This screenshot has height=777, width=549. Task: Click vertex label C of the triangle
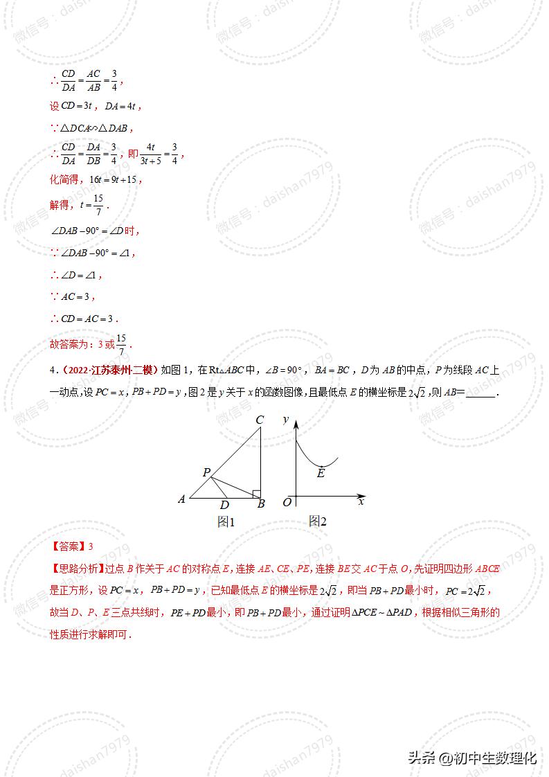pos(260,420)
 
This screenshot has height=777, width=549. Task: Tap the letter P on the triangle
pos(206,472)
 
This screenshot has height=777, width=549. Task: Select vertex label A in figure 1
pos(181,499)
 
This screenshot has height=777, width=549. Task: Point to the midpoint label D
pos(224,506)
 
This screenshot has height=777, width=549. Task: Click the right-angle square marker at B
pos(256,494)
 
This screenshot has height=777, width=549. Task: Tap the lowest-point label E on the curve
pos(321,474)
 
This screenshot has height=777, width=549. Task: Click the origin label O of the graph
pos(287,502)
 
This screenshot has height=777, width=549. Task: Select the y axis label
pos(286,420)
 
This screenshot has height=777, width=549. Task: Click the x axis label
pos(361,501)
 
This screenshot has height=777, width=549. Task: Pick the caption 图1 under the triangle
pos(226,522)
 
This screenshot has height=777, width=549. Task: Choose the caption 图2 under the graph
pos(317,521)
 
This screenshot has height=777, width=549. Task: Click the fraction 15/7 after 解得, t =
pos(99,205)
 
